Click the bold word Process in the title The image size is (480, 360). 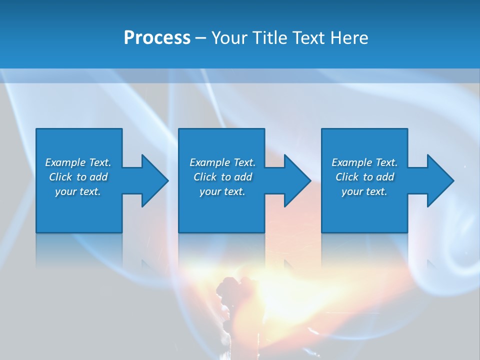point(157,38)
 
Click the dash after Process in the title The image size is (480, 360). point(200,38)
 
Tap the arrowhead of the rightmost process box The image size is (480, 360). point(439,180)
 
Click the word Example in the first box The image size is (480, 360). point(65,162)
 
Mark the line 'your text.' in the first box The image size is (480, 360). point(78,191)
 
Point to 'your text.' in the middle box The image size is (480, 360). point(222,191)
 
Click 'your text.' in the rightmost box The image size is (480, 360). point(364,191)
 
